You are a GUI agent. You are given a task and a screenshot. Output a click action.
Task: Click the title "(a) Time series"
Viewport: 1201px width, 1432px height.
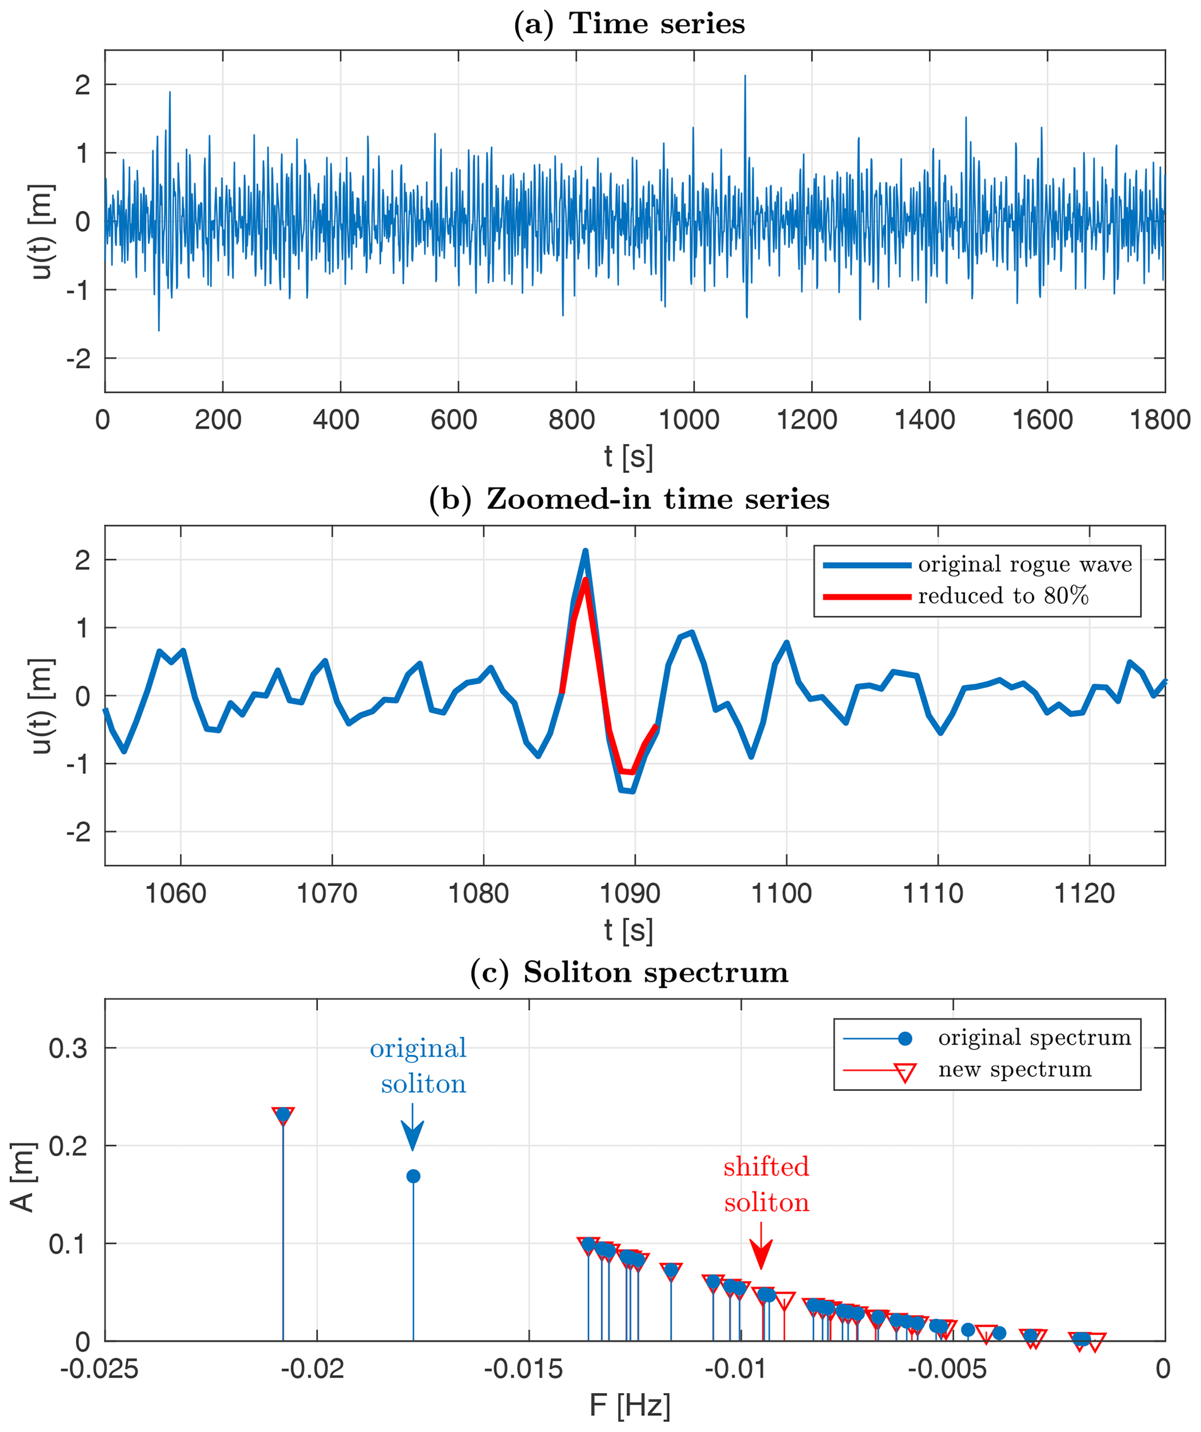pyautogui.click(x=628, y=24)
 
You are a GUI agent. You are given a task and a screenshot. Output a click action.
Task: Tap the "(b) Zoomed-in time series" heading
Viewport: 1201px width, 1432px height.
pyautogui.click(x=628, y=500)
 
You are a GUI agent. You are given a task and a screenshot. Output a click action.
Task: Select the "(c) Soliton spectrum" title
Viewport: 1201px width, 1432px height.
pyautogui.click(x=628, y=972)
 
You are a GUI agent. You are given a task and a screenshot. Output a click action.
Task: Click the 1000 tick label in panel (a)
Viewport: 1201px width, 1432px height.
pyautogui.click(x=689, y=420)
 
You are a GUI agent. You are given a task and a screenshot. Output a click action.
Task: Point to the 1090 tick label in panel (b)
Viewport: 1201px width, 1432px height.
pyautogui.click(x=629, y=893)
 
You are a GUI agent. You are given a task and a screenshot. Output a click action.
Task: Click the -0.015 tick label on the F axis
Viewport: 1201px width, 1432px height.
pyautogui.click(x=523, y=1369)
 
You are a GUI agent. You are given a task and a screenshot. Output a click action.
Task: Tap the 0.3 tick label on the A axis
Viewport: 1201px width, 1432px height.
pyautogui.click(x=68, y=1048)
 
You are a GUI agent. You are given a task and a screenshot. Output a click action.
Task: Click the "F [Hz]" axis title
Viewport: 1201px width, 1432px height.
pyautogui.click(x=629, y=1405)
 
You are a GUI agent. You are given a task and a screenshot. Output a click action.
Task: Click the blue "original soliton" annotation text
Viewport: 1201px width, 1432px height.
pyautogui.click(x=419, y=1066)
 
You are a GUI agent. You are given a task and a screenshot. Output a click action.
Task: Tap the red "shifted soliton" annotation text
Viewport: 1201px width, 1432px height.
pyautogui.click(x=766, y=1185)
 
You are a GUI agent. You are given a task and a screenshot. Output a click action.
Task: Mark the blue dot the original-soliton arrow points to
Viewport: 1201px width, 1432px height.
pyautogui.click(x=413, y=1176)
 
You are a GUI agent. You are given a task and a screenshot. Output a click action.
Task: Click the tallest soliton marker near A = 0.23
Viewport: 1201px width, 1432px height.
pyautogui.click(x=283, y=1115)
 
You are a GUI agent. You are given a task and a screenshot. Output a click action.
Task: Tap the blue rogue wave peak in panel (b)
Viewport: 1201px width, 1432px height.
pyautogui.click(x=585, y=552)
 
